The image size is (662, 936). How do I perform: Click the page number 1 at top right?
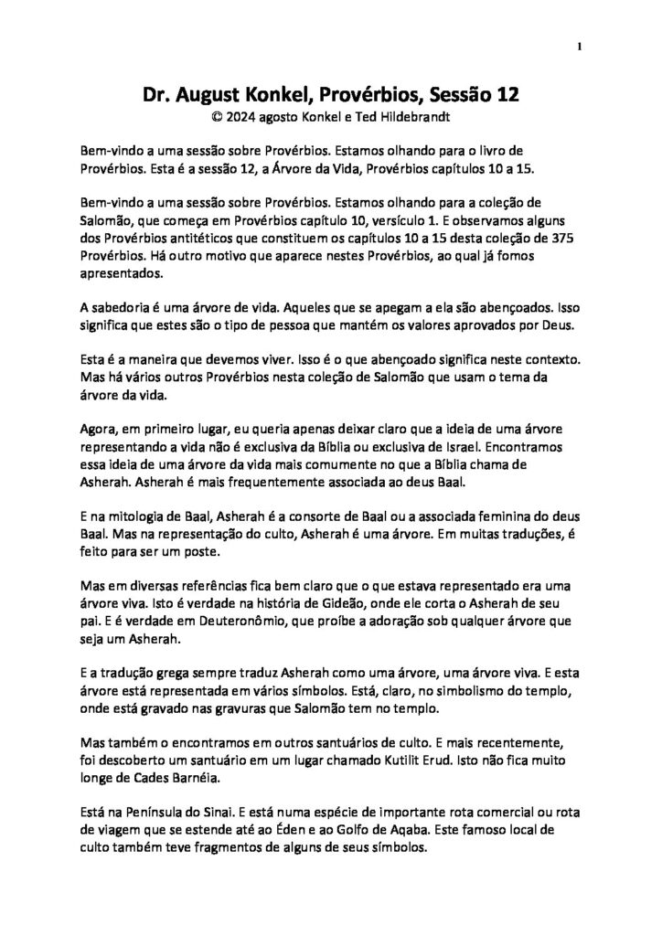[581, 47]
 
